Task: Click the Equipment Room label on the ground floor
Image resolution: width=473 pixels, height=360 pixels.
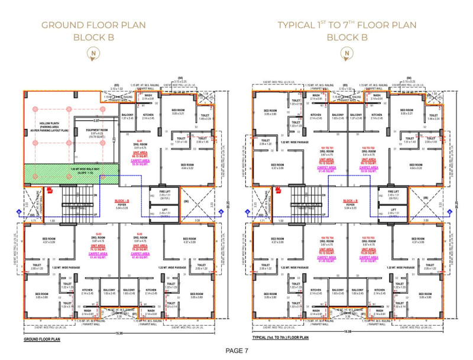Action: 96,132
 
